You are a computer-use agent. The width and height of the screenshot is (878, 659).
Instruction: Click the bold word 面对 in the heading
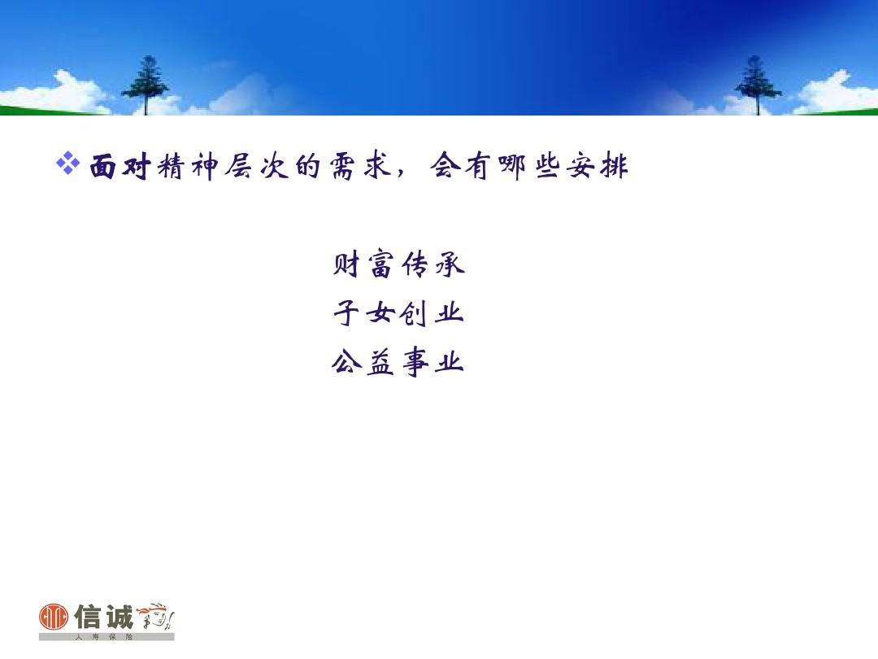point(118,168)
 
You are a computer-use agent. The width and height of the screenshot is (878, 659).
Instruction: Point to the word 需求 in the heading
point(361,168)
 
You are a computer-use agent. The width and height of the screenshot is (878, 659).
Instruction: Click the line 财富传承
point(398,264)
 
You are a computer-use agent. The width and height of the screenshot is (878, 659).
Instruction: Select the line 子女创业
point(398,313)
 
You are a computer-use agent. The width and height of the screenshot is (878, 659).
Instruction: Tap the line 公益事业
point(398,362)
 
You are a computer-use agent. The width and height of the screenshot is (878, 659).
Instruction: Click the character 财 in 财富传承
point(347,264)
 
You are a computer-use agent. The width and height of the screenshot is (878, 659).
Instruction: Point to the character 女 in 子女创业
point(380,313)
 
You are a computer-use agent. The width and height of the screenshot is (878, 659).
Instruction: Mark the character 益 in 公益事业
point(380,362)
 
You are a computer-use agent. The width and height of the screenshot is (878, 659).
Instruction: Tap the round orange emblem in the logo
point(53,618)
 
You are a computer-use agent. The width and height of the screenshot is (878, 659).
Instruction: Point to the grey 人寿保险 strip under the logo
point(106,636)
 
